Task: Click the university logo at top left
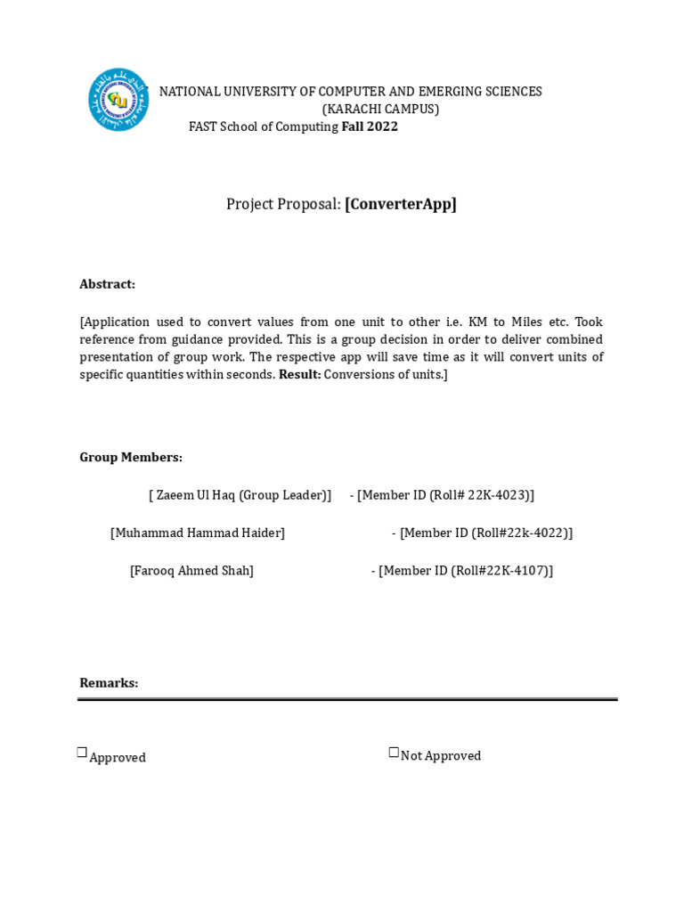(x=118, y=100)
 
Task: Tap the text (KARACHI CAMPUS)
(x=380, y=109)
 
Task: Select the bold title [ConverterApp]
(x=401, y=204)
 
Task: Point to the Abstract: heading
(x=107, y=284)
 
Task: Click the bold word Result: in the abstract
(x=299, y=375)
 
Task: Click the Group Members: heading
(x=131, y=457)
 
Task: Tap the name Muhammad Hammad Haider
(x=198, y=533)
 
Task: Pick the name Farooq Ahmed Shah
(x=191, y=570)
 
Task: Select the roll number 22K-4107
(x=517, y=570)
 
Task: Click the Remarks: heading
(x=109, y=683)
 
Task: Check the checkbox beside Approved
(x=82, y=753)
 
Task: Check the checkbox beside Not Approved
(x=394, y=753)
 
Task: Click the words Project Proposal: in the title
(x=283, y=204)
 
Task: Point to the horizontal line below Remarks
(x=347, y=699)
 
